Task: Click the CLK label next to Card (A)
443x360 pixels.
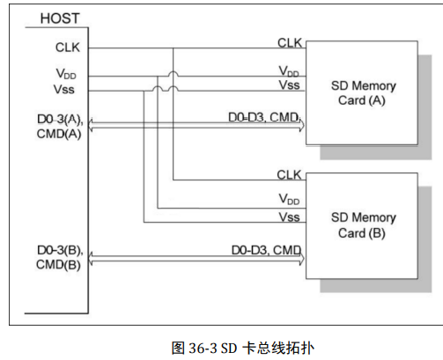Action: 289,41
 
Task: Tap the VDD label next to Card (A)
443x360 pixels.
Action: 289,70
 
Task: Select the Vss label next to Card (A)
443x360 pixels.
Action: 289,84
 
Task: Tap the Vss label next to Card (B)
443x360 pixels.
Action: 289,216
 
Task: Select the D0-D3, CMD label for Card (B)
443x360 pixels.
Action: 265,250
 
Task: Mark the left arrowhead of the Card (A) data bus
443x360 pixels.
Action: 91,129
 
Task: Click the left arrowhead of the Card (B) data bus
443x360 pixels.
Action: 91,260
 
